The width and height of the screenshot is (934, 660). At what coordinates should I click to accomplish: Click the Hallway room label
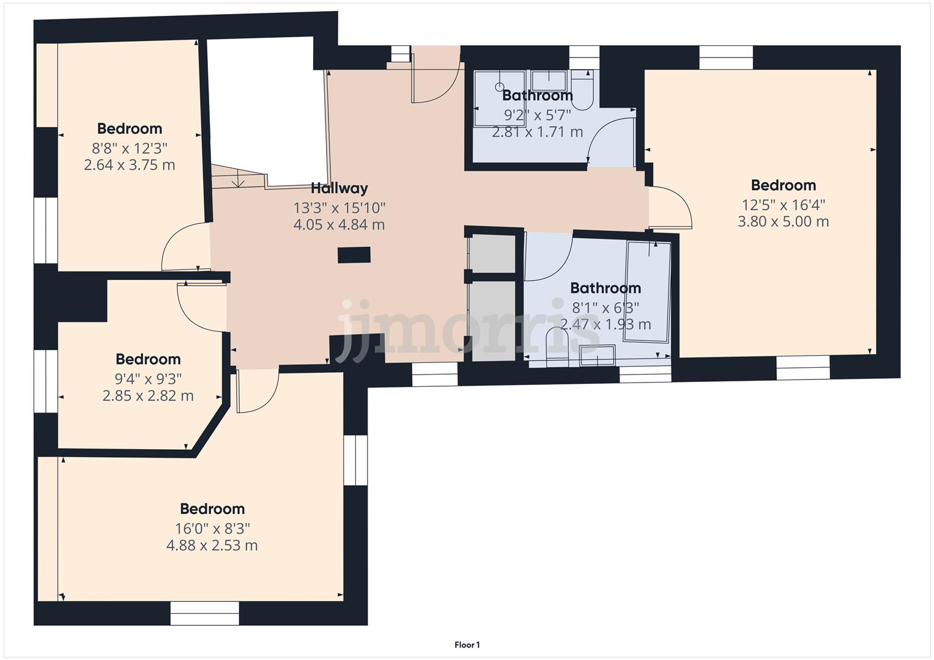339,188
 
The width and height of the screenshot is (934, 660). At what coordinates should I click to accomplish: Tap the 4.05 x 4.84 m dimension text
339,225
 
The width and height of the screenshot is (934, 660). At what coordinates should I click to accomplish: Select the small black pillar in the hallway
354,255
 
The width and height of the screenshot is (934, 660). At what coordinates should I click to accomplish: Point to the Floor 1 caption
467,645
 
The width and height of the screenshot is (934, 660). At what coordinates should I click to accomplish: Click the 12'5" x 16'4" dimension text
783,204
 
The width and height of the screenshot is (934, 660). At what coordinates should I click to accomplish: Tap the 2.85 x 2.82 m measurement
148,396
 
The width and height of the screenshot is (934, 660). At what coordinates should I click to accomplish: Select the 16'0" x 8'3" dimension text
212,528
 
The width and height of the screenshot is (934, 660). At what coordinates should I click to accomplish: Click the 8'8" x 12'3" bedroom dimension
130,148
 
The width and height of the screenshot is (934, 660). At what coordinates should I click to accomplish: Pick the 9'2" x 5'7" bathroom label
537,114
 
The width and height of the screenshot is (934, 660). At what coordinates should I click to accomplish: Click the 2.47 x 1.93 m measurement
606,324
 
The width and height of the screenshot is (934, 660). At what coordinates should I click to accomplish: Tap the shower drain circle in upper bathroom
500,87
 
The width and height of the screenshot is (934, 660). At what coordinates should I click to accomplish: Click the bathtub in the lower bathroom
648,292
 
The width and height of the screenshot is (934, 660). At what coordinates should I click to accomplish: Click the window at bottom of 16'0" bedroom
204,613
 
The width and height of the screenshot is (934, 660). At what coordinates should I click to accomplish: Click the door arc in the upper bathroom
609,141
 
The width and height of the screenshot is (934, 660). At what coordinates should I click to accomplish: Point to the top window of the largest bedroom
725,58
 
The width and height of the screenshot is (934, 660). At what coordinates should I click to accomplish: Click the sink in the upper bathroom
548,80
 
